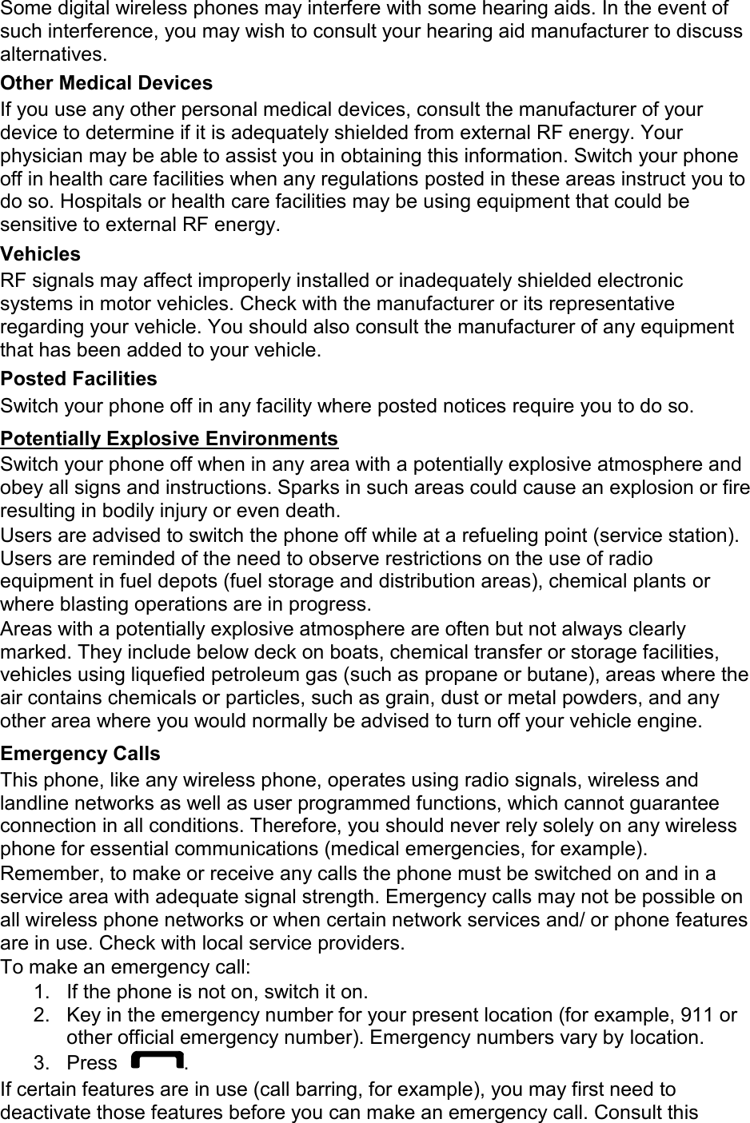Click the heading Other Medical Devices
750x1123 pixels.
coord(106,83)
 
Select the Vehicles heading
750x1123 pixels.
coord(41,254)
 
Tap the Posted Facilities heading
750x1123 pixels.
coord(79,378)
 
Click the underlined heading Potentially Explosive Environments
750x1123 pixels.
coord(170,439)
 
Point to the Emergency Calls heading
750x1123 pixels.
coord(80,754)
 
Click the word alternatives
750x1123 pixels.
coord(52,55)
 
